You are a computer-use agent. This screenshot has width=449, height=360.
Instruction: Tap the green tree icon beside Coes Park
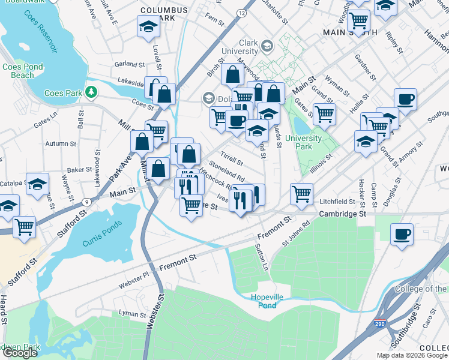[x=91, y=92]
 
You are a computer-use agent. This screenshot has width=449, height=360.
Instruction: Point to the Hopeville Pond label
[x=264, y=301]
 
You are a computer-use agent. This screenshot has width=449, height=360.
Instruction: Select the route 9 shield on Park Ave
[x=87, y=202]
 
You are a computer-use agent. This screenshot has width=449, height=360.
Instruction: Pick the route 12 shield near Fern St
[x=241, y=13]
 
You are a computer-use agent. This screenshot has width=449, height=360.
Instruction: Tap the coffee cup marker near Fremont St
[x=402, y=234]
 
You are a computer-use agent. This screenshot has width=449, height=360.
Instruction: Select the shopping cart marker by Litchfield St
[x=301, y=193]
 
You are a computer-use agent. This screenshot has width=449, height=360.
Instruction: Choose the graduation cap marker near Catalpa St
[x=38, y=185]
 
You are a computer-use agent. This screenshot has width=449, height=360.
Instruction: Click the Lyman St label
[x=133, y=314]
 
